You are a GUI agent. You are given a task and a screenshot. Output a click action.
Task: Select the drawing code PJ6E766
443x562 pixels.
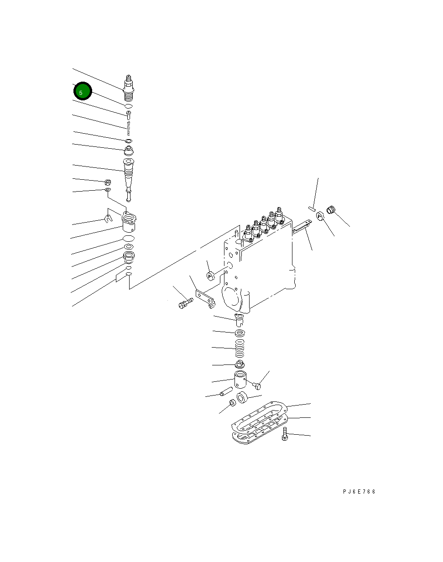pos(359,492)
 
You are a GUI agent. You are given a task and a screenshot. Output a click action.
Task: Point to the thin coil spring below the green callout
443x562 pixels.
pos(129,128)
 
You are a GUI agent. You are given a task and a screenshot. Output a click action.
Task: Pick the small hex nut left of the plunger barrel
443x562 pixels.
pos(108,182)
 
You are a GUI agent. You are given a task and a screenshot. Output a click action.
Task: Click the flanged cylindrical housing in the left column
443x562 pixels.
pos(130,224)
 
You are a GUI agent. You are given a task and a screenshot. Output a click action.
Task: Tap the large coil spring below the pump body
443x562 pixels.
pos(240,349)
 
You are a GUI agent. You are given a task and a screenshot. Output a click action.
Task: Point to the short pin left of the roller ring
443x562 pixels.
pos(226,392)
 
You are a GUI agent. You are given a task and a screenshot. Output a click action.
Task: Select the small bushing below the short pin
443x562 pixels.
pos(232,402)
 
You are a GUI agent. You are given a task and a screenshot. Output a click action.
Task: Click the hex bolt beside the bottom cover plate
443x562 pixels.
pos(285,434)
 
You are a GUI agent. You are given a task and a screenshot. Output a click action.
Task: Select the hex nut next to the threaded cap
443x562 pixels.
pos(320,215)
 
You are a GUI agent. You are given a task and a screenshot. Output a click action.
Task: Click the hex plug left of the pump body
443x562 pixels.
pos(211,276)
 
